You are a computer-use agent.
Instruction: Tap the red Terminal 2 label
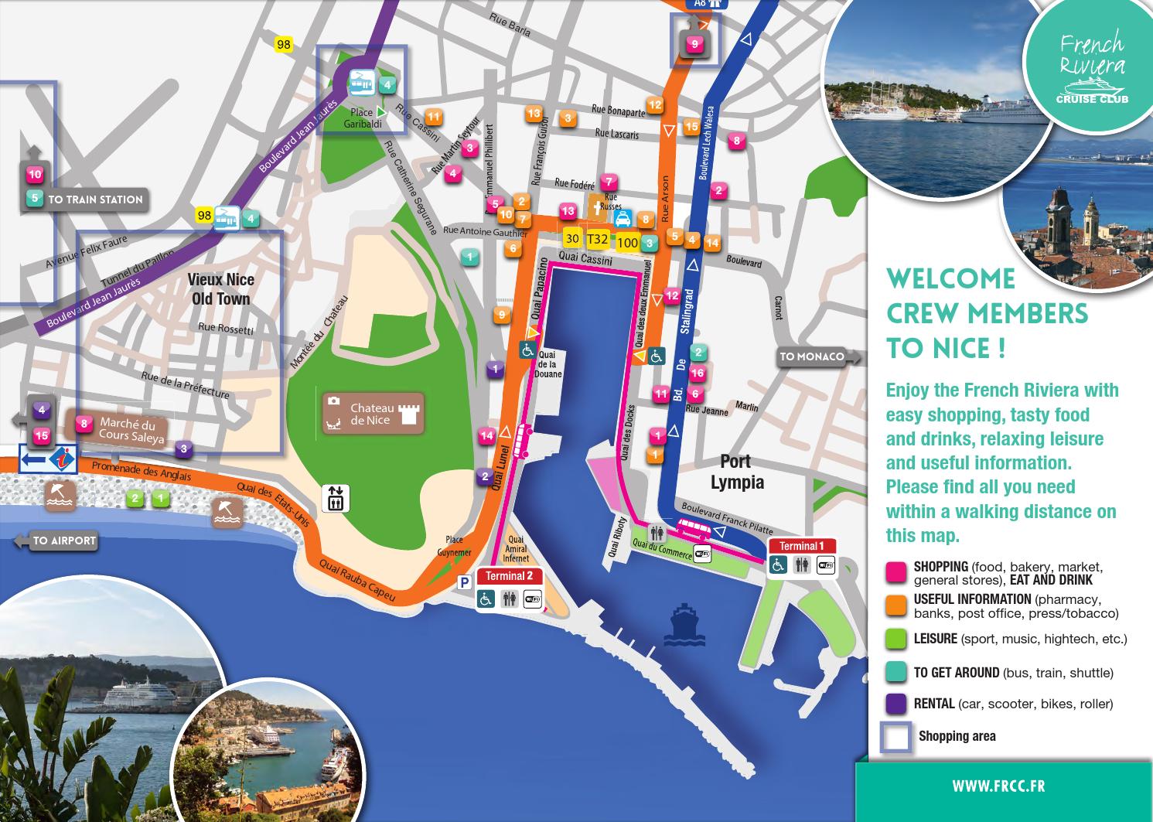click(509, 576)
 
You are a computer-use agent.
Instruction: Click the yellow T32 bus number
click(598, 240)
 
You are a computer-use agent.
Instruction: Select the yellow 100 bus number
click(627, 243)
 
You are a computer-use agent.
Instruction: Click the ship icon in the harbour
click(684, 624)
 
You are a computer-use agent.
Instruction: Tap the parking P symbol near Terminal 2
click(465, 583)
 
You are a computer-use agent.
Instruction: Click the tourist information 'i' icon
click(61, 459)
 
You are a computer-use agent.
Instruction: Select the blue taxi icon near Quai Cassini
click(623, 220)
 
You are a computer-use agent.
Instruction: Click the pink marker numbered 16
click(697, 373)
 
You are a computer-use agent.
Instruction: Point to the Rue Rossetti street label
click(226, 329)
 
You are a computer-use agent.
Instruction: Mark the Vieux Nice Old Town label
click(221, 289)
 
